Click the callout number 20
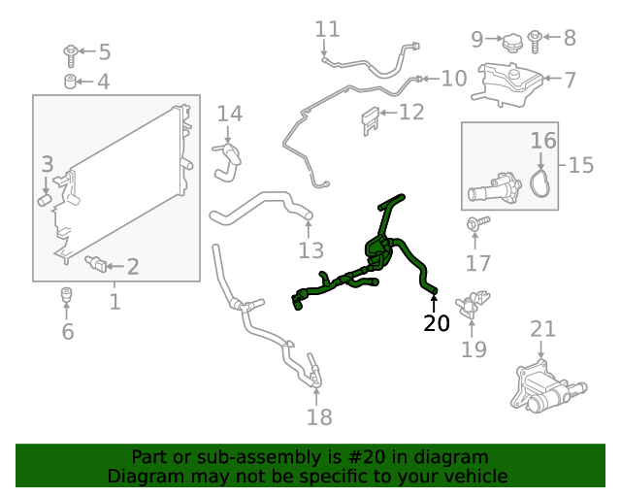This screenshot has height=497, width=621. coord(437,323)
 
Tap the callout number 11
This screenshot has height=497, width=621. coord(328,30)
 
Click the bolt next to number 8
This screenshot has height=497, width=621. coord(535,40)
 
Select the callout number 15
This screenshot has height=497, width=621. coord(580,164)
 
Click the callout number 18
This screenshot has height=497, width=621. coord(319,417)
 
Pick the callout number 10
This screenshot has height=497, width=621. coord(453,78)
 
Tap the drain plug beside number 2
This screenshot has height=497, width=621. coord(96,263)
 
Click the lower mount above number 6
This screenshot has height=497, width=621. coord(66,293)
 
